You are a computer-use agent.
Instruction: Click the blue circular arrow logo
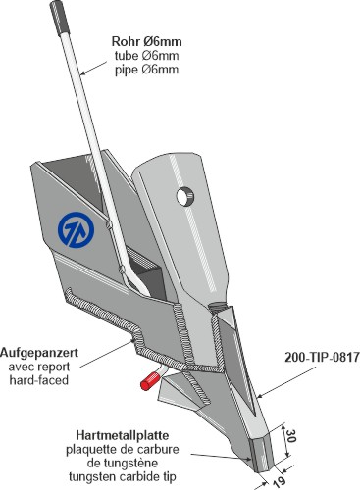point(76,229)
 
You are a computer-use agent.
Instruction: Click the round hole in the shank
point(185,196)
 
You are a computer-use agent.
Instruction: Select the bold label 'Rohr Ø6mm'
point(146,42)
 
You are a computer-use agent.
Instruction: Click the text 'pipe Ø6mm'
point(146,70)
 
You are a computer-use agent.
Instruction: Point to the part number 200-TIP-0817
point(322,357)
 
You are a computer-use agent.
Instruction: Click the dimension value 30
point(290,436)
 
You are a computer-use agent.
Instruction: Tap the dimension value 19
point(279,480)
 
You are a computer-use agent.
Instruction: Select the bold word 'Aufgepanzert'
point(39,353)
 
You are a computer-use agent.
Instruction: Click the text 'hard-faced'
point(39,380)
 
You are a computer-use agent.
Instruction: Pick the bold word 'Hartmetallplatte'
point(123,435)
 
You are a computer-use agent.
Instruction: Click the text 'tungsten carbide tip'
point(123,476)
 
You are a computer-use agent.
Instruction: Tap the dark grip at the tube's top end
point(60,16)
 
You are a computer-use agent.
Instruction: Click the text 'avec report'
point(39,367)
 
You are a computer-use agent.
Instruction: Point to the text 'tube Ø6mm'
point(146,56)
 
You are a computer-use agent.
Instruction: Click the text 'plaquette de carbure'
point(123,449)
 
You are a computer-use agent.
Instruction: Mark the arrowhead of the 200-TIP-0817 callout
point(260,396)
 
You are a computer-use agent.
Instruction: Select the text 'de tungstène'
point(123,463)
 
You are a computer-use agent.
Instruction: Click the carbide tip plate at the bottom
point(261,454)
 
